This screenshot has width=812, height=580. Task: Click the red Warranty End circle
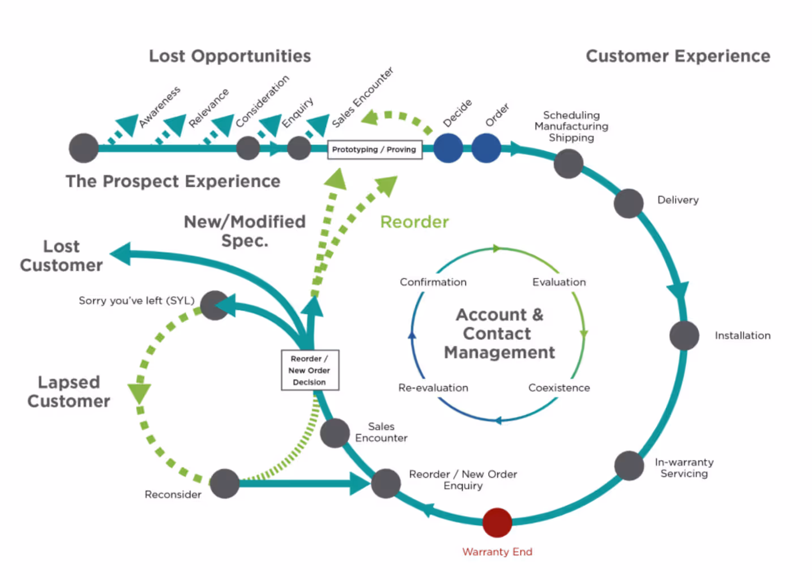(497, 522)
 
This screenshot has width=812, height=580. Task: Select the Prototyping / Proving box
(374, 150)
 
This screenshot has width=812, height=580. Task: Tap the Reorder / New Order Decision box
(310, 370)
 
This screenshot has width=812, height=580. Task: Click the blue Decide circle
(448, 148)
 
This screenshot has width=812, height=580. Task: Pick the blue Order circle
(486, 148)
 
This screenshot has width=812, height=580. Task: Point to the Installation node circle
(684, 335)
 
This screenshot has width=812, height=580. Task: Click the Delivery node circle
(629, 203)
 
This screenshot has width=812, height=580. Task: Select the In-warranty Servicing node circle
(629, 466)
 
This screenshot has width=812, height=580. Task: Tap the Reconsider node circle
(225, 483)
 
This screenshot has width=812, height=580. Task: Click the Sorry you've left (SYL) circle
(215, 305)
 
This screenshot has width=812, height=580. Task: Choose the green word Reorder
(414, 221)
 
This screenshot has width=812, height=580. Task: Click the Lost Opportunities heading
(230, 56)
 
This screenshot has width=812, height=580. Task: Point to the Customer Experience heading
(678, 56)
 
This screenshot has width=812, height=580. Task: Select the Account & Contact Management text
(499, 334)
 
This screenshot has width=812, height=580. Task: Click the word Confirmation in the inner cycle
(433, 282)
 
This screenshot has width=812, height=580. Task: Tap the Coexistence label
(559, 388)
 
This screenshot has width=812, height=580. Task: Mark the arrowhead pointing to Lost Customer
(120, 254)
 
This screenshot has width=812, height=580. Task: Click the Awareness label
(160, 106)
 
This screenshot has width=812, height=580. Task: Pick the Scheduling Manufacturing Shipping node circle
(569, 164)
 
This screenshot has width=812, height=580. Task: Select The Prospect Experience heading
(173, 181)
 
